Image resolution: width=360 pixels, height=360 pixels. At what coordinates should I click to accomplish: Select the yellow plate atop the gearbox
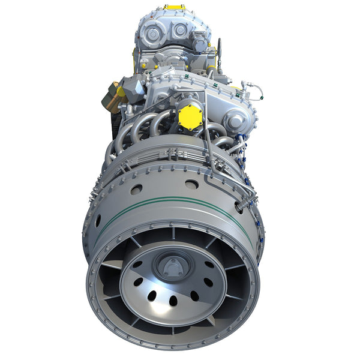coord(175,8)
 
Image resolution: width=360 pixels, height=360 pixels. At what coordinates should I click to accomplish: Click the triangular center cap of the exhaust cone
coord(173,265)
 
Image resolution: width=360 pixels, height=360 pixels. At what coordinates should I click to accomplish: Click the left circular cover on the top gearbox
coord(153,34)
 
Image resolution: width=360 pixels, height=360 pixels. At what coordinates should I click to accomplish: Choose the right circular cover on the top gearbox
coord(180,30)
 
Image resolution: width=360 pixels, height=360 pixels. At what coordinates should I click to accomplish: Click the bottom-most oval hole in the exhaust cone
coord(173,300)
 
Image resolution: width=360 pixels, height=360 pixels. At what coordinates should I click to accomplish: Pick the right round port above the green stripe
coord(191,184)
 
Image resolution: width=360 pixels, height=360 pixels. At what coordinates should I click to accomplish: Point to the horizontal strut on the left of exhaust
coord(111,264)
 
